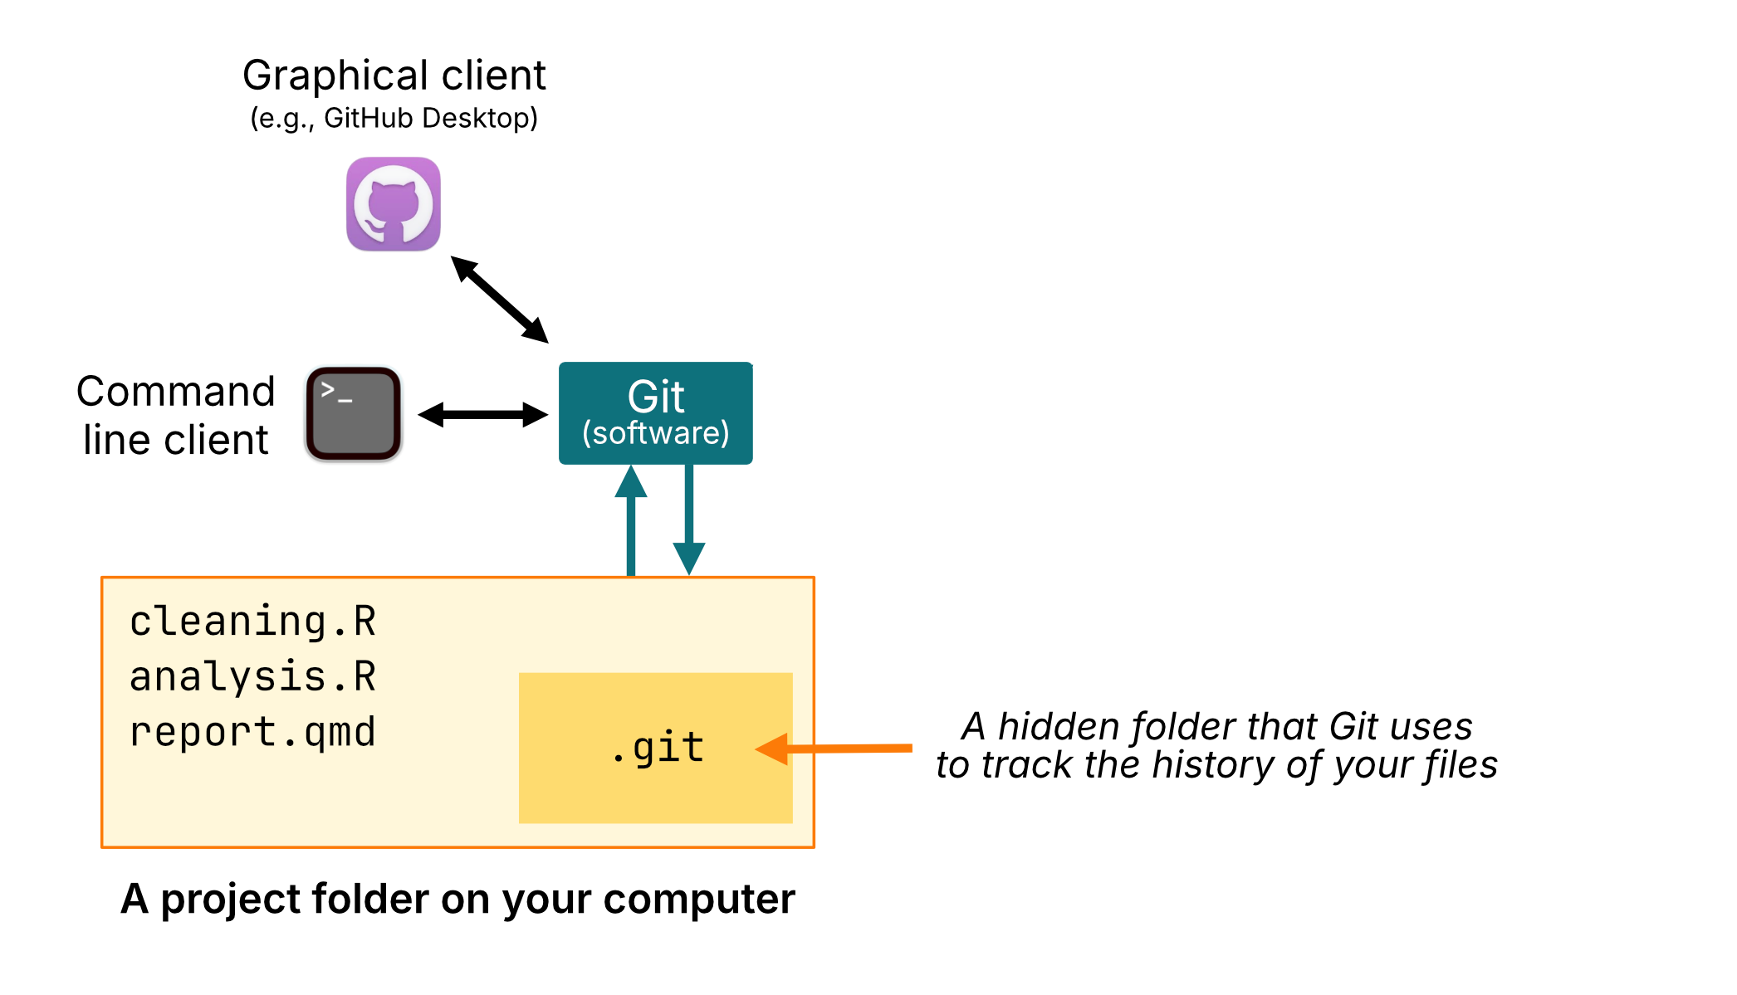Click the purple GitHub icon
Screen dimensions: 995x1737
tap(393, 204)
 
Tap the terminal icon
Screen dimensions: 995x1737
tap(354, 415)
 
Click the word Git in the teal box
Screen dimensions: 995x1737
tap(656, 397)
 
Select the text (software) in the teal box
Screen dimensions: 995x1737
tap(656, 433)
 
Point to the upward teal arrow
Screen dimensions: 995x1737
tap(631, 523)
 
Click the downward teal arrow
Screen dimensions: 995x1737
tap(689, 519)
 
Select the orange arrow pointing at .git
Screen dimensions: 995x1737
tap(839, 749)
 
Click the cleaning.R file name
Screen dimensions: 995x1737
tap(253, 622)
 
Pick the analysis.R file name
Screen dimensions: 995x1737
tap(253, 676)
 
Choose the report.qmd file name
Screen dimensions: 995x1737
tap(253, 732)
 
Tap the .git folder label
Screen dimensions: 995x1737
tap(658, 748)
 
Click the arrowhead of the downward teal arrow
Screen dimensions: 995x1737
tap(689, 558)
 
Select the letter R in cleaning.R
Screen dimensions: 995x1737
tap(365, 622)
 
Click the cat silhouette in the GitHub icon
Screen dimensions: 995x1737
tap(393, 207)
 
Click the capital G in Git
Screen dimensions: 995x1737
tap(644, 397)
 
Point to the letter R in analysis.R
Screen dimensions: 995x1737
tap(365, 676)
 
